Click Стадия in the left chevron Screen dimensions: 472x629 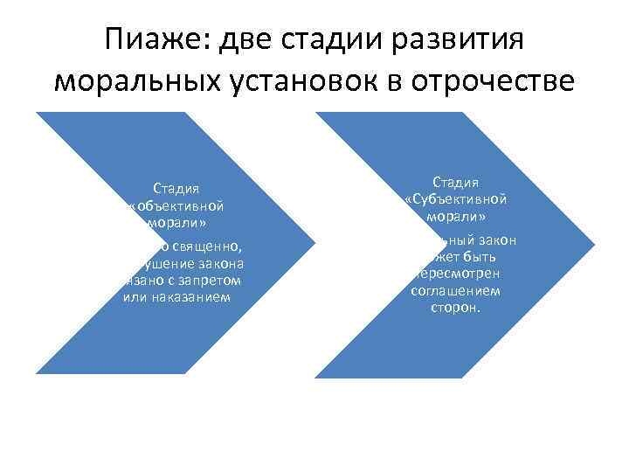[x=176, y=188]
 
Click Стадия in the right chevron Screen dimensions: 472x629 [x=455, y=182]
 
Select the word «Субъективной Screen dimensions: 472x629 [x=455, y=199]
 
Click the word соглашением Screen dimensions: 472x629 [x=455, y=291]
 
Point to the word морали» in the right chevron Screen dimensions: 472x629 [x=455, y=217]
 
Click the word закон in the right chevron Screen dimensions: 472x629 [x=498, y=239]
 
